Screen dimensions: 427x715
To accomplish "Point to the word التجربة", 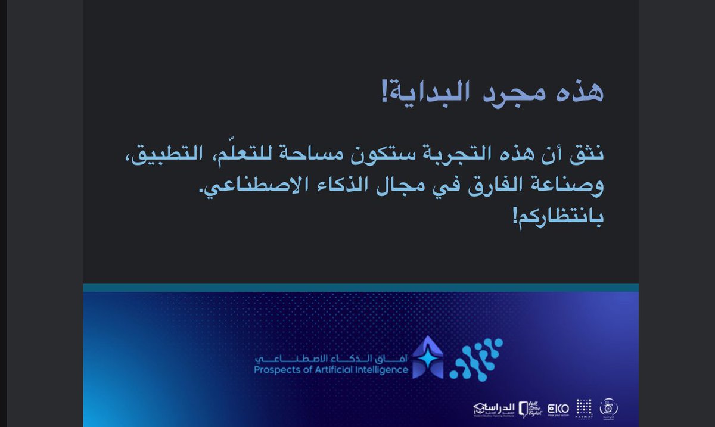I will pyautogui.click(x=450, y=157).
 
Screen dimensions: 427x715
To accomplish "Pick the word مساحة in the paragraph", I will pyautogui.click(x=319, y=157).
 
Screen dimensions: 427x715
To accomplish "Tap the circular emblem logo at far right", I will pyautogui.click(x=609, y=407).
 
